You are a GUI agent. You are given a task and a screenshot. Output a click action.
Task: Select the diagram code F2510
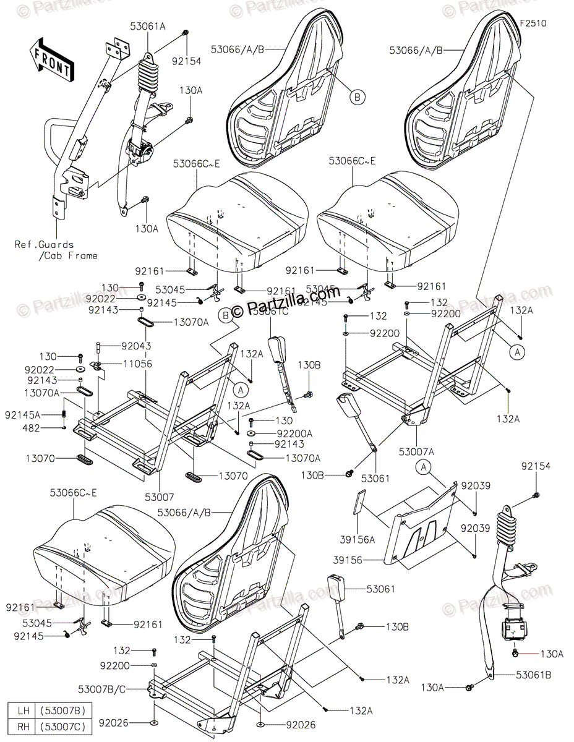coord(534,23)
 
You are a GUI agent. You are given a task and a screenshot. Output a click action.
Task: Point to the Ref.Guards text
coord(44,244)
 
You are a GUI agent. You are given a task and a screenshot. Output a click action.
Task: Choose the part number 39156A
coord(358,540)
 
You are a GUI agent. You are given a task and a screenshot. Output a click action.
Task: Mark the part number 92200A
coord(277,433)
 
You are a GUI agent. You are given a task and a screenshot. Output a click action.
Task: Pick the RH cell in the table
coord(21,725)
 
